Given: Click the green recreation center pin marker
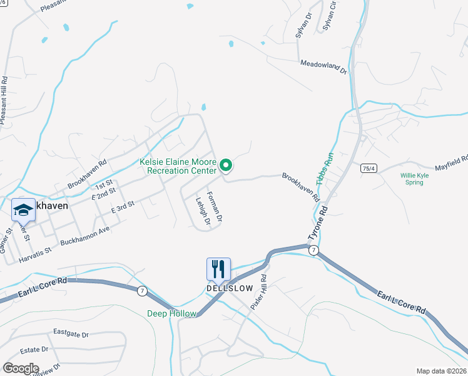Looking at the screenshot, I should click(226, 165).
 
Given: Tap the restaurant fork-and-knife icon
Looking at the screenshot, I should click(218, 269).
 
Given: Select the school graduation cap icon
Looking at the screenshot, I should click(23, 209).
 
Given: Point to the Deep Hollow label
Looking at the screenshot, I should click(171, 313).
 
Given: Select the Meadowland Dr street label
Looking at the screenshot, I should click(323, 66).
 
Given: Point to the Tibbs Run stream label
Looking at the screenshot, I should click(327, 167).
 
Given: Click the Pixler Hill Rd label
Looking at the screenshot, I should click(260, 291).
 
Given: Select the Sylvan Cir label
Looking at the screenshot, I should click(330, 16).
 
